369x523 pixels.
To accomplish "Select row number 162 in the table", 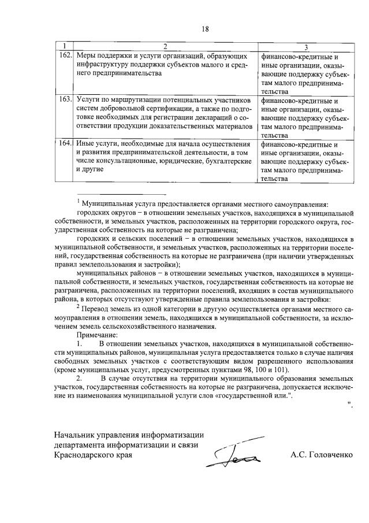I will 65,57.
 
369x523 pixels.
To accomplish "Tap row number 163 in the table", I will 65,99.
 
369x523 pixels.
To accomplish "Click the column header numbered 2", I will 165,46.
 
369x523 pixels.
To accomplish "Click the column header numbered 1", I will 65,46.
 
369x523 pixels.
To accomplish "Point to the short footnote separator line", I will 121,194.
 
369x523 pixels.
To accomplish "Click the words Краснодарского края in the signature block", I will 92,455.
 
